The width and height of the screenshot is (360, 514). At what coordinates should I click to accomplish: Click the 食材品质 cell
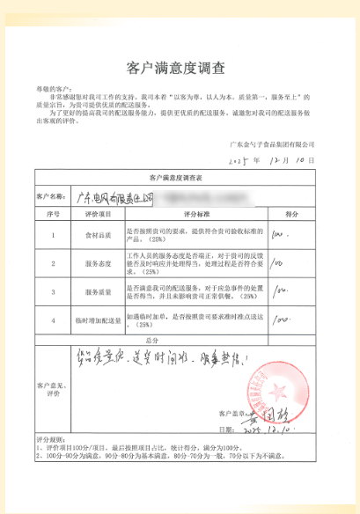(x=97, y=235)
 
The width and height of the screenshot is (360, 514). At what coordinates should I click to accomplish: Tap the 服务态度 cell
(x=97, y=263)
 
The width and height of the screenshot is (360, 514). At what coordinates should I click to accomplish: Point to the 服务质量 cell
(x=97, y=292)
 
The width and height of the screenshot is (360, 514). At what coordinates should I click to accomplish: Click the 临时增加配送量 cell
(x=97, y=320)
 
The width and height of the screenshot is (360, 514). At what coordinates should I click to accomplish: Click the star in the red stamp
(x=290, y=388)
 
